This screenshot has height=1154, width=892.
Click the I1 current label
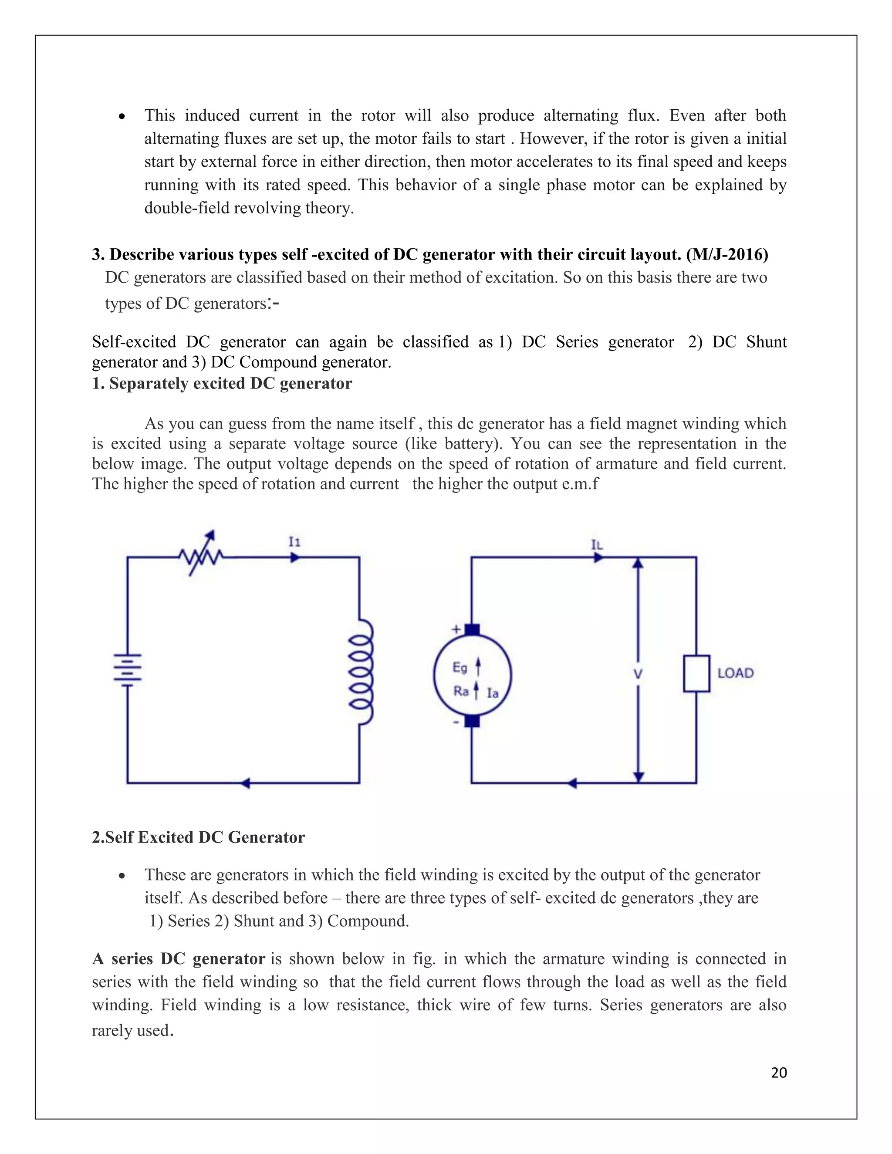click(294, 542)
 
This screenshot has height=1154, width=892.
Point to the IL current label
click(597, 544)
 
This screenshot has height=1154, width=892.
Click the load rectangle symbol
click(696, 673)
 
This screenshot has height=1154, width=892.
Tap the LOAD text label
click(735, 673)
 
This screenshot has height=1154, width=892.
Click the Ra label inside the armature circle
click(461, 691)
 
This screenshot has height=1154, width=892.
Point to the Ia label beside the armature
click(493, 693)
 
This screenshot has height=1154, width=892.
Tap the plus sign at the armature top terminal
click(456, 629)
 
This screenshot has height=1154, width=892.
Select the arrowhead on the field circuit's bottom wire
click(244, 783)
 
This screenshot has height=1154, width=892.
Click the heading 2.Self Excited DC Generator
click(198, 837)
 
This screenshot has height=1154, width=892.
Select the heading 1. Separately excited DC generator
click(222, 383)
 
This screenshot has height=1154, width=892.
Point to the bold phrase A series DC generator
click(179, 959)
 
